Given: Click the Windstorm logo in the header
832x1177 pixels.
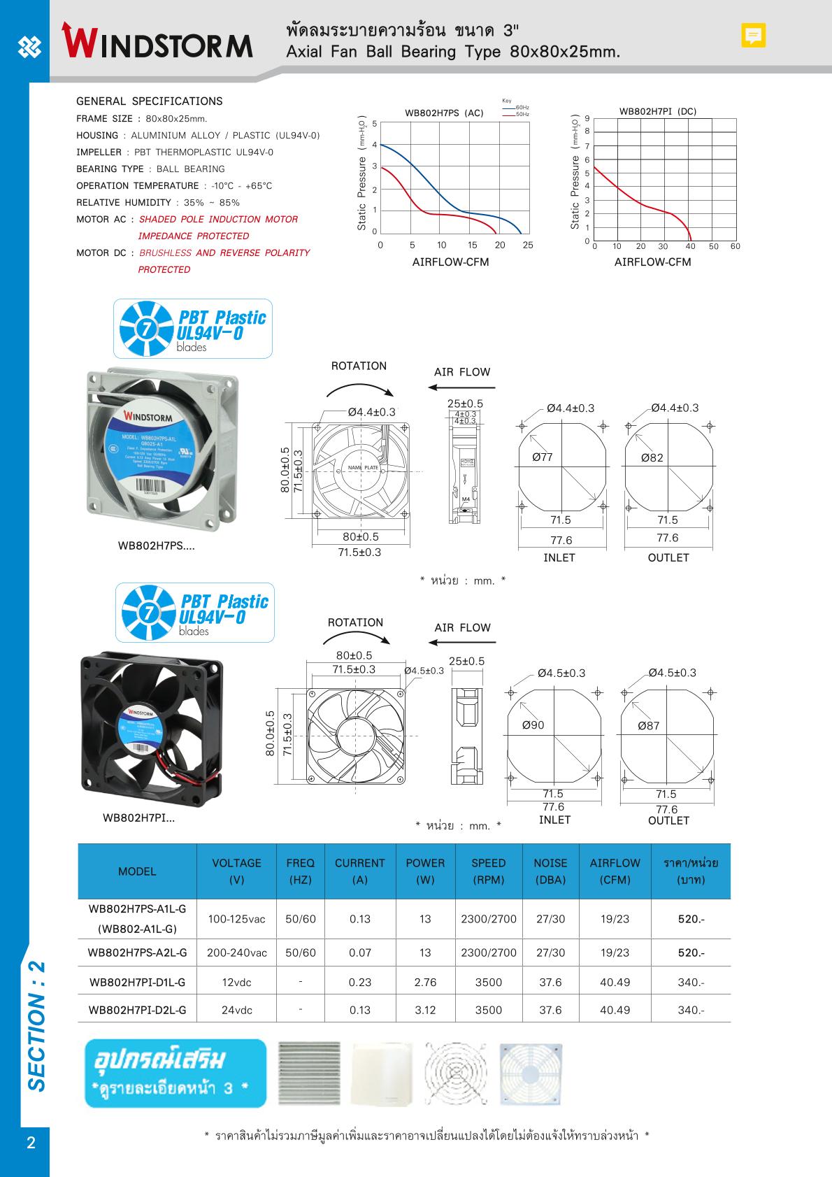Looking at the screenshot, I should (x=157, y=40).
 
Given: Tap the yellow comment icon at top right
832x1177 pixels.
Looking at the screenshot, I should (x=753, y=35).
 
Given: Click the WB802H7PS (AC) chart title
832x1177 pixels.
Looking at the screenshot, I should (x=444, y=113).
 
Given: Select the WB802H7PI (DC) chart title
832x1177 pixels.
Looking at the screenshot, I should (x=657, y=111).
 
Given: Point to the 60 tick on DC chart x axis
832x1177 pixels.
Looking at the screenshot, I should (x=735, y=246).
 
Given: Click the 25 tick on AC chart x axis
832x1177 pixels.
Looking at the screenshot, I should (x=528, y=245).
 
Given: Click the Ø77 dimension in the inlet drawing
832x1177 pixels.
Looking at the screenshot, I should (x=542, y=457).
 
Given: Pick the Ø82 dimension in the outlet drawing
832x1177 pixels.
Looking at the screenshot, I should (x=652, y=458).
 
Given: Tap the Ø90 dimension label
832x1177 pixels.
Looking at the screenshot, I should (x=533, y=725).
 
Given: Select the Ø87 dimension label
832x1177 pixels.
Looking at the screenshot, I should (x=648, y=726).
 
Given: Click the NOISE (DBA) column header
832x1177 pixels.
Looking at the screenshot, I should (x=550, y=871).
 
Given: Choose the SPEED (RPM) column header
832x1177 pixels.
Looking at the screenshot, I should (x=488, y=871).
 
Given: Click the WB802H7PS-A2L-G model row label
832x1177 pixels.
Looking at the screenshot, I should (x=137, y=953).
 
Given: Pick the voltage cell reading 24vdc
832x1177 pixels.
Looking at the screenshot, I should (x=237, y=1010).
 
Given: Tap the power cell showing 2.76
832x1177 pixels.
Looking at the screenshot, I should (x=425, y=982).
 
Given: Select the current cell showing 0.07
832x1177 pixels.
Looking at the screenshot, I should (x=360, y=953).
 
